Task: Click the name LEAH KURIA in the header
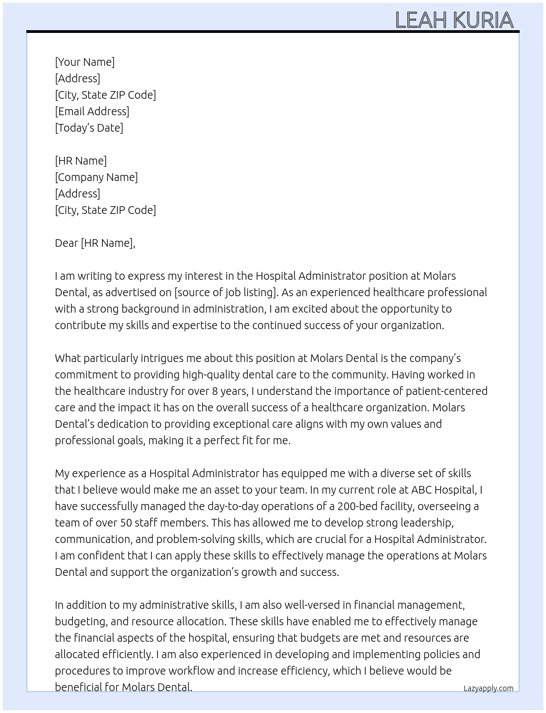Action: click(x=454, y=20)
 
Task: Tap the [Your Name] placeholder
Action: click(x=84, y=62)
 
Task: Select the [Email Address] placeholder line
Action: click(x=92, y=111)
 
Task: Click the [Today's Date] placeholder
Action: click(x=89, y=128)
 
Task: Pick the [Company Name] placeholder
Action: click(x=96, y=177)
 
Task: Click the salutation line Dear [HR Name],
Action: click(x=95, y=243)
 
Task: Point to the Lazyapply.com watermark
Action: click(x=488, y=688)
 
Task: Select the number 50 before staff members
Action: click(x=126, y=523)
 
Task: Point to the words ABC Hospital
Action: click(x=442, y=490)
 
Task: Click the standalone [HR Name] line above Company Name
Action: click(x=81, y=161)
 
